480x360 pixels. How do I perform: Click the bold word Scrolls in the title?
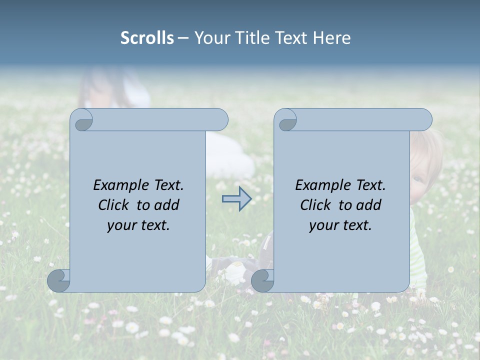tap(147, 38)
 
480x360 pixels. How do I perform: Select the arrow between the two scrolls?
tap(236, 198)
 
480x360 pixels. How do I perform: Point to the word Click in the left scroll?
tap(115, 205)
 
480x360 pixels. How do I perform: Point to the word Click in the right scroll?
tap(317, 205)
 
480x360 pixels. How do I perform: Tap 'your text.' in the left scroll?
tap(138, 225)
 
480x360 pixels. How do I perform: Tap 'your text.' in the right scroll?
tap(340, 225)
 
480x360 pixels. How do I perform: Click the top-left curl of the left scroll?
tap(82, 120)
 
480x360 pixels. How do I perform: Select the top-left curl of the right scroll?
tap(286, 120)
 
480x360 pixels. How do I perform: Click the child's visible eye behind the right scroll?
tap(417, 179)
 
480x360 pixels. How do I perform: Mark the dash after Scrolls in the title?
tap(183, 38)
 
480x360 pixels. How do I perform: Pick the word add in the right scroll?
tap(369, 205)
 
